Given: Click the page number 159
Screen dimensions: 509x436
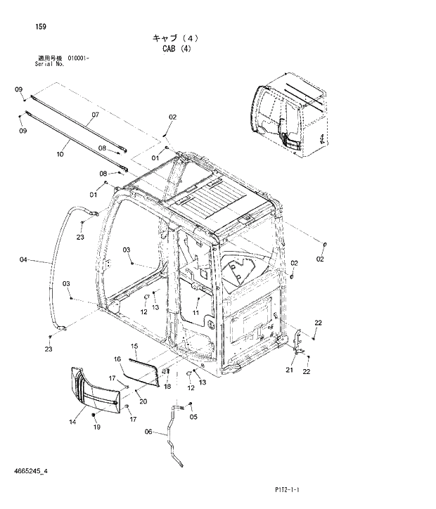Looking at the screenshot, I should coord(41,27).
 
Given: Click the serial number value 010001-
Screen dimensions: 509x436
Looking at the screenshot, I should coord(79,58).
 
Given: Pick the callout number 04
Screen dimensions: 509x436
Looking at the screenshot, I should coord(24,260).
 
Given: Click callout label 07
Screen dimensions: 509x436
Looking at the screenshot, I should coord(94,114).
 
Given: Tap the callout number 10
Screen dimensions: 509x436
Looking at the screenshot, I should coord(60,153).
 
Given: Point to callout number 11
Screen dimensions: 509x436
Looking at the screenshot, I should coord(196,312).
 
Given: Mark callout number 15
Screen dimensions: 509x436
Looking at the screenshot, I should coord(135,347).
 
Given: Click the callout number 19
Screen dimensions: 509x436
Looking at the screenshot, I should coord(97,427).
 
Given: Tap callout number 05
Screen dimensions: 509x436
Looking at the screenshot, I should coord(193,416).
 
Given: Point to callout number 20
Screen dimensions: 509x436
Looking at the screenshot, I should coord(143,401).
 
